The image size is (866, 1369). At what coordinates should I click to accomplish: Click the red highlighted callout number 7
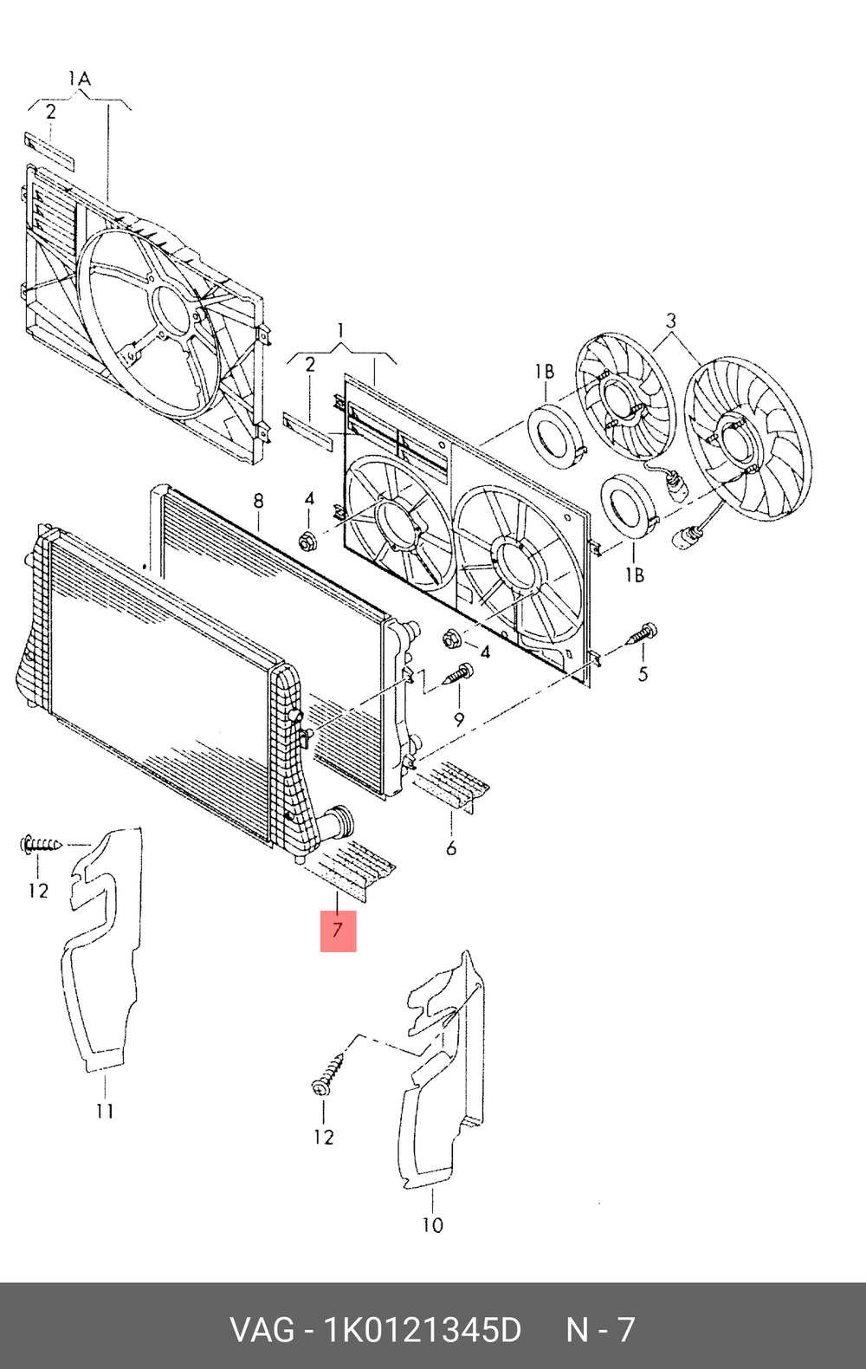click(x=338, y=931)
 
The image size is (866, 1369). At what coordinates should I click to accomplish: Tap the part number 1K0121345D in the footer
click(x=423, y=1329)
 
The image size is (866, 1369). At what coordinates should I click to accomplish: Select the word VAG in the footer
click(x=262, y=1329)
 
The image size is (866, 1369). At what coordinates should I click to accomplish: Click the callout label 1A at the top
click(x=79, y=80)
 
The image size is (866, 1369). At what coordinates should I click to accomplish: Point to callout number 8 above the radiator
click(x=258, y=501)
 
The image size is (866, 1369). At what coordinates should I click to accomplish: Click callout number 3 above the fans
click(x=671, y=321)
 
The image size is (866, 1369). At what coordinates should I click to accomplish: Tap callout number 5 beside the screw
click(x=643, y=673)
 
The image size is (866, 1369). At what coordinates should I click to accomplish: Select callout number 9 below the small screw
click(x=459, y=719)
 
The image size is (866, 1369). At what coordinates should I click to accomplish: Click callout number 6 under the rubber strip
click(x=451, y=848)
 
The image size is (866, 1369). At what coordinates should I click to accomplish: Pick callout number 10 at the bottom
click(x=432, y=1225)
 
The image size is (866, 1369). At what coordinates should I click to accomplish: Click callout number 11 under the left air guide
click(x=105, y=1111)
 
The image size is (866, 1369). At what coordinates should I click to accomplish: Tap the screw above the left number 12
click(x=42, y=843)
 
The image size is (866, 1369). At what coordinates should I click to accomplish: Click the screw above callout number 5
click(x=642, y=633)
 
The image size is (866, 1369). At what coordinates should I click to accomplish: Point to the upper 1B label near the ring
click(x=544, y=372)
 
